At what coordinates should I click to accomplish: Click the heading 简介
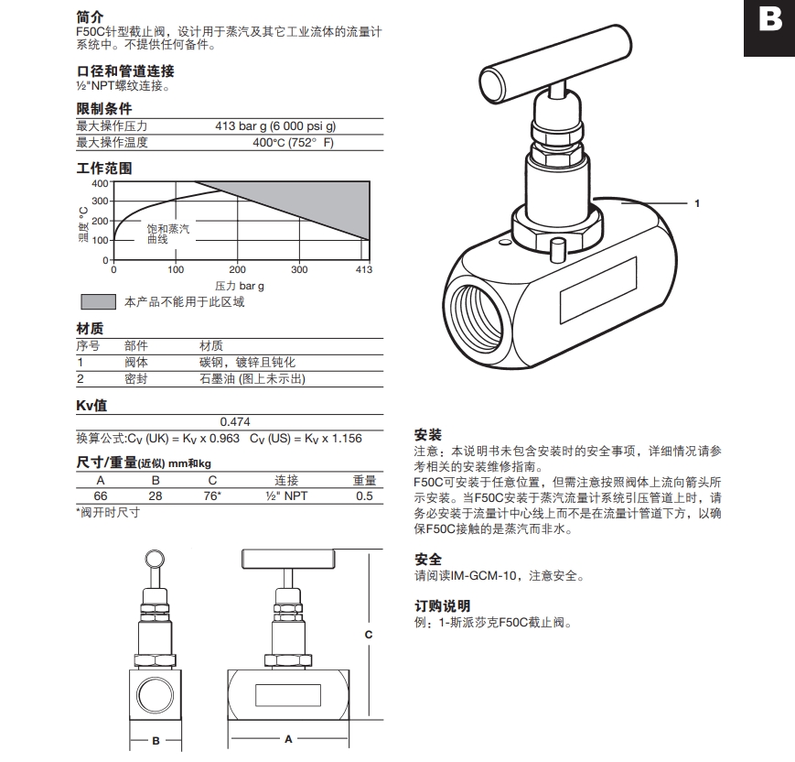[x=90, y=17]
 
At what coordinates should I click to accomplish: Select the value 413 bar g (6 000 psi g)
[x=275, y=126]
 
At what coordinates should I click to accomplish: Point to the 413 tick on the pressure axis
[x=363, y=269]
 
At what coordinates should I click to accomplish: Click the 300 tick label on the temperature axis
[x=101, y=201]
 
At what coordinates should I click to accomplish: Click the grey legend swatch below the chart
[x=98, y=302]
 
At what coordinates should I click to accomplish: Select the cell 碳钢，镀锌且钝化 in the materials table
[x=247, y=363]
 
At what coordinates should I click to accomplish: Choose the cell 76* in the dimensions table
[x=212, y=495]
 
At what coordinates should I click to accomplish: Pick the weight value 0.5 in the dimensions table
[x=364, y=495]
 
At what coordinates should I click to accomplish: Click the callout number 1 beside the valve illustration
[x=697, y=203]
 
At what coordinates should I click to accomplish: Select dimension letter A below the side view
[x=288, y=737]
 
